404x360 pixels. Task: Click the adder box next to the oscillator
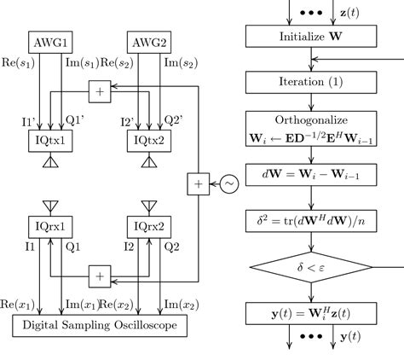[198, 183]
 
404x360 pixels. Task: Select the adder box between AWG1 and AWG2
[100, 90]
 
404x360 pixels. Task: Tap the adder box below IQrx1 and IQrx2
[100, 276]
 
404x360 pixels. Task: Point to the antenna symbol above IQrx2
[148, 205]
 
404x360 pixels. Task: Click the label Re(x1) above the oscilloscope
[18, 305]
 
